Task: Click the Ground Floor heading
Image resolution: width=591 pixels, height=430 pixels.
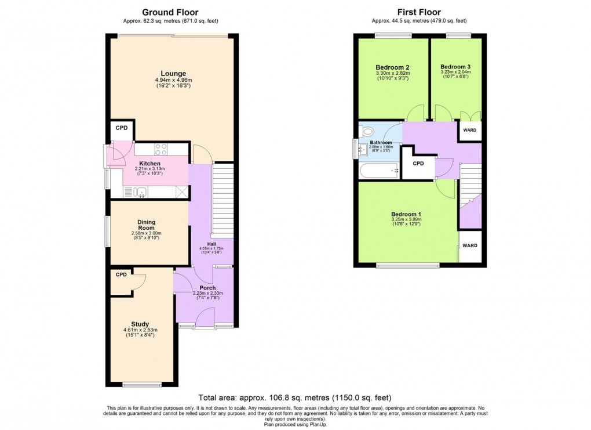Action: point(170,12)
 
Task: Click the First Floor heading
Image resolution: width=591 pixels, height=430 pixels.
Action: point(418,12)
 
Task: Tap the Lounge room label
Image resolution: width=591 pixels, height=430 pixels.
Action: point(173,73)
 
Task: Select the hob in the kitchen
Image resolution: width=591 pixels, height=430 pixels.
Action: point(161,149)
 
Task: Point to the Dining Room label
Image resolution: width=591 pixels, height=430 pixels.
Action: point(146,225)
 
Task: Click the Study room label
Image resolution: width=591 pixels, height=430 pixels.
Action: point(140,324)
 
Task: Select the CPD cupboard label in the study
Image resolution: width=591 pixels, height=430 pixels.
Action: point(121,274)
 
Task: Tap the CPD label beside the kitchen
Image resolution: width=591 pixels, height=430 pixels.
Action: point(122,128)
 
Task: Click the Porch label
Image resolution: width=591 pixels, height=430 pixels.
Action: point(207,288)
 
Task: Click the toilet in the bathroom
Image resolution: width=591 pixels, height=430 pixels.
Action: point(366,131)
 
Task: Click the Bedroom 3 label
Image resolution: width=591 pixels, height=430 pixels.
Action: point(455,67)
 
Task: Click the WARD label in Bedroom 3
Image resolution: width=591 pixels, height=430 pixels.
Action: point(469,130)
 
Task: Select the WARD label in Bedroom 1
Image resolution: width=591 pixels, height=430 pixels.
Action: point(469,245)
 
